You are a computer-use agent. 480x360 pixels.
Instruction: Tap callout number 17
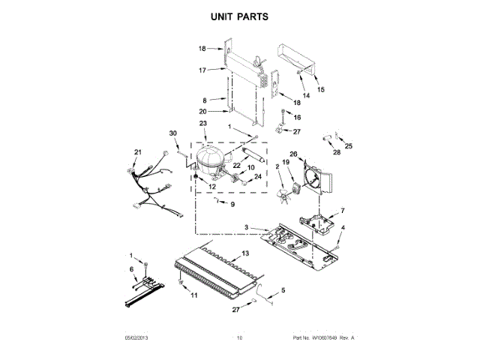click(202, 70)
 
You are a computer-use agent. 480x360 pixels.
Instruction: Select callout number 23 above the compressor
click(202, 123)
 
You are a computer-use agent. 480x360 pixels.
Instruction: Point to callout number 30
click(173, 133)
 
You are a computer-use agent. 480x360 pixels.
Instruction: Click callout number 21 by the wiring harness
click(137, 152)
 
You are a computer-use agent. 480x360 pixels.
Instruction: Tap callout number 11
click(194, 296)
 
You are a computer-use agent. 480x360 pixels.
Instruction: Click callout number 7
click(343, 211)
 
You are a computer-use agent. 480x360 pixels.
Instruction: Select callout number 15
click(321, 89)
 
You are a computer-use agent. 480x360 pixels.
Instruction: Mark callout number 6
click(133, 268)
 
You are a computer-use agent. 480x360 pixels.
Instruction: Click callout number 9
click(232, 204)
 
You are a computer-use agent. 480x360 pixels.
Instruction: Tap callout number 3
click(245, 226)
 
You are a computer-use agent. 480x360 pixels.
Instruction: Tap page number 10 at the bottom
click(240, 338)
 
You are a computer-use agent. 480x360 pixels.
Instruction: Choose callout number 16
click(296, 118)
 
